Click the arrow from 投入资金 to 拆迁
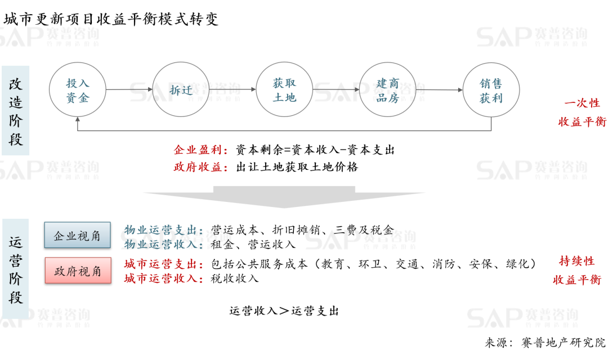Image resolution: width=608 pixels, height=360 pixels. coord(129,89)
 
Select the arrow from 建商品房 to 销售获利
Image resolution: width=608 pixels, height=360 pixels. coord(439,90)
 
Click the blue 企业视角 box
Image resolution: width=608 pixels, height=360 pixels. coord(77,235)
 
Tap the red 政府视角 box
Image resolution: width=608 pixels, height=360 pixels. coord(78,271)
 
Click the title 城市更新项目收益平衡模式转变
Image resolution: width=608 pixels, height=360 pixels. coord(111,19)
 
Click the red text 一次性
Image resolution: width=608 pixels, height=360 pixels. coord(582,103)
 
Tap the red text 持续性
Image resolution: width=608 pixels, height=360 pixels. coord(577,261)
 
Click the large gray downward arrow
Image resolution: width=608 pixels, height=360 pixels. coord(284,197)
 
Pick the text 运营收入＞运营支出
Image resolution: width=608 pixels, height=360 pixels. coord(284,311)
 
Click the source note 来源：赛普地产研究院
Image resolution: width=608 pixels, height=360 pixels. coord(545,343)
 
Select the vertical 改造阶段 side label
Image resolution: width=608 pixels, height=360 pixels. coord(16,111)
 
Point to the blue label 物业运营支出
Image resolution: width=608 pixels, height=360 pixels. coord(160,230)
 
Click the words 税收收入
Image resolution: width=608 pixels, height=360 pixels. coord(235,278)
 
